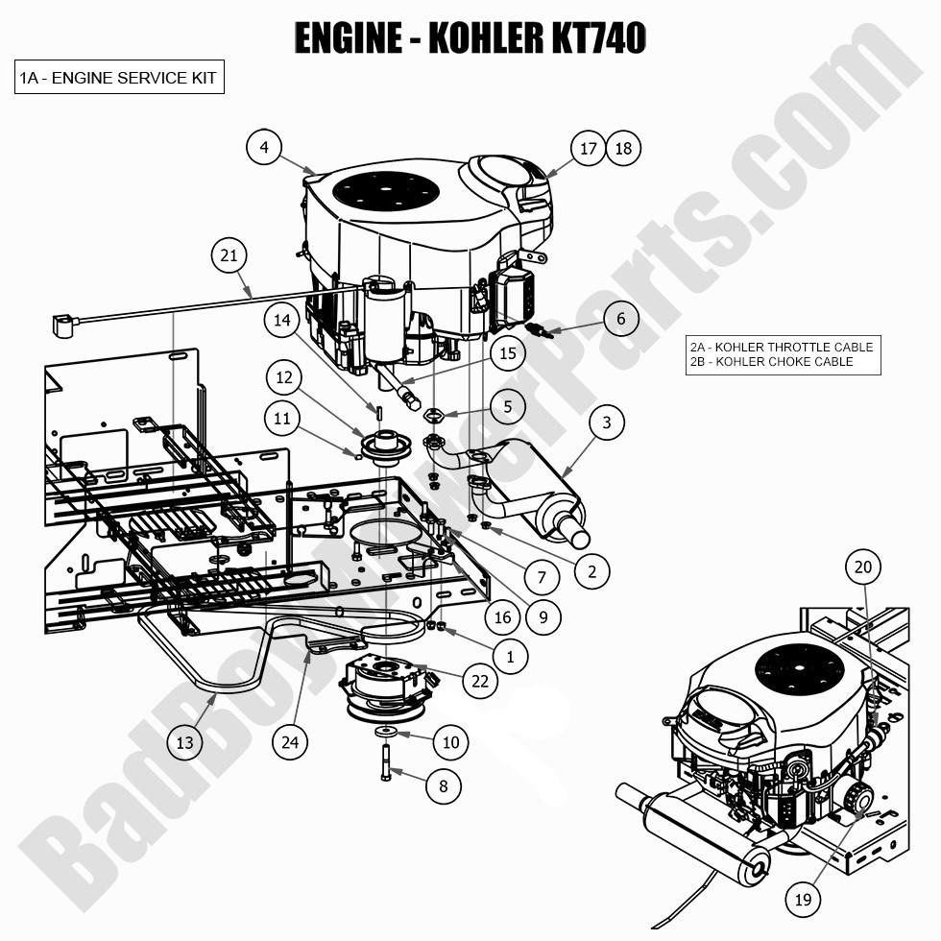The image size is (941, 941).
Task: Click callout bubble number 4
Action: [264, 147]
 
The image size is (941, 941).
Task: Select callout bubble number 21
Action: [229, 255]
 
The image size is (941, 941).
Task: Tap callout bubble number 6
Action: [621, 319]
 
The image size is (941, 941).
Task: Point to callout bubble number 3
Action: [607, 422]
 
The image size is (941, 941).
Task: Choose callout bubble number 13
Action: [184, 743]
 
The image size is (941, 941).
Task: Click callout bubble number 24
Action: [290, 743]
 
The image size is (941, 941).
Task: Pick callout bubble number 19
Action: [803, 900]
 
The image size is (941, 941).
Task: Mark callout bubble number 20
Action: [863, 567]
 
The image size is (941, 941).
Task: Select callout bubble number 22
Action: [480, 681]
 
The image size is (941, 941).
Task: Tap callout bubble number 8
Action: [444, 786]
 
